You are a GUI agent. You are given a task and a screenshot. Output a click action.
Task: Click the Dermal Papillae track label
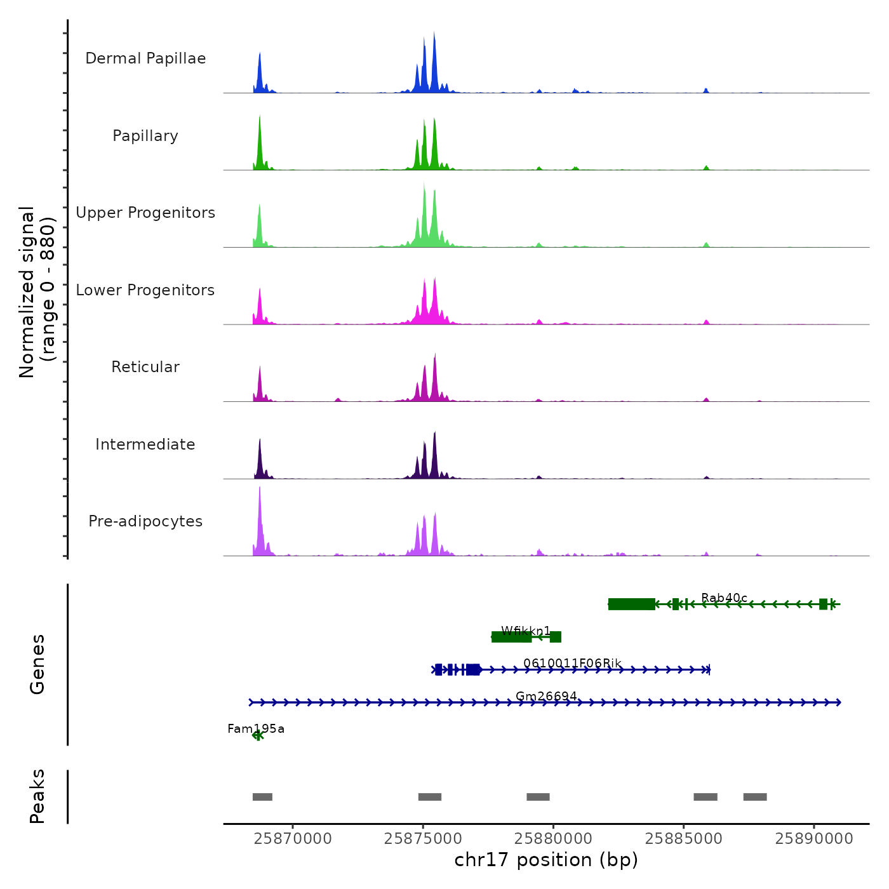[145, 58]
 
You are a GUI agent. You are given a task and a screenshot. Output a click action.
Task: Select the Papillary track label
[145, 136]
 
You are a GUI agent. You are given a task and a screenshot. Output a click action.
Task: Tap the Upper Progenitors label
[145, 213]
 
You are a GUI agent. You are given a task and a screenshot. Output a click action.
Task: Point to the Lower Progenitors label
[145, 290]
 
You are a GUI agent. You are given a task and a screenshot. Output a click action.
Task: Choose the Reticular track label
[145, 367]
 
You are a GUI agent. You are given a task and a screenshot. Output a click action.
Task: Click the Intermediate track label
[145, 444]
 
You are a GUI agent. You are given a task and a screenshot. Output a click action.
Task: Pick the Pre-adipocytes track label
[145, 521]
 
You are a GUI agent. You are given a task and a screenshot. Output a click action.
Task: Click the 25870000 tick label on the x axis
[293, 839]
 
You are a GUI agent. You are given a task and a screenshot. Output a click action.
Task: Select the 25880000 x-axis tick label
[553, 839]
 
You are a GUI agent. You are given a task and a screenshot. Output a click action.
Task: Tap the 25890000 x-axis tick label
[814, 839]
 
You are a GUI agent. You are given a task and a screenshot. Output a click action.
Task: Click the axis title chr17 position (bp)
[546, 860]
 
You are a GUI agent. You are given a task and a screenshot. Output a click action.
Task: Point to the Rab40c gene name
[724, 598]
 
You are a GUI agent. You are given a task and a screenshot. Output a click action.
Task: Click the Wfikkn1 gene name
[526, 631]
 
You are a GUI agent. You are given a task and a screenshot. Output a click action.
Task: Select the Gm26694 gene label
[546, 696]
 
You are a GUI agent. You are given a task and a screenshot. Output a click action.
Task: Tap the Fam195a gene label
[256, 728]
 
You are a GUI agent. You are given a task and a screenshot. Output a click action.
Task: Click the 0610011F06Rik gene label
[572, 663]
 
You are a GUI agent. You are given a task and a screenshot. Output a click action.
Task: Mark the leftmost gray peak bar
[262, 797]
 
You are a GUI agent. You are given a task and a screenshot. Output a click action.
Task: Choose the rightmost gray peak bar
[755, 797]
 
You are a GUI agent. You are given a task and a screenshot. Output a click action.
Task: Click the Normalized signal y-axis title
[37, 292]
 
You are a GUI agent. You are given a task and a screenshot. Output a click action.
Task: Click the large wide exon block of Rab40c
[631, 604]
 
